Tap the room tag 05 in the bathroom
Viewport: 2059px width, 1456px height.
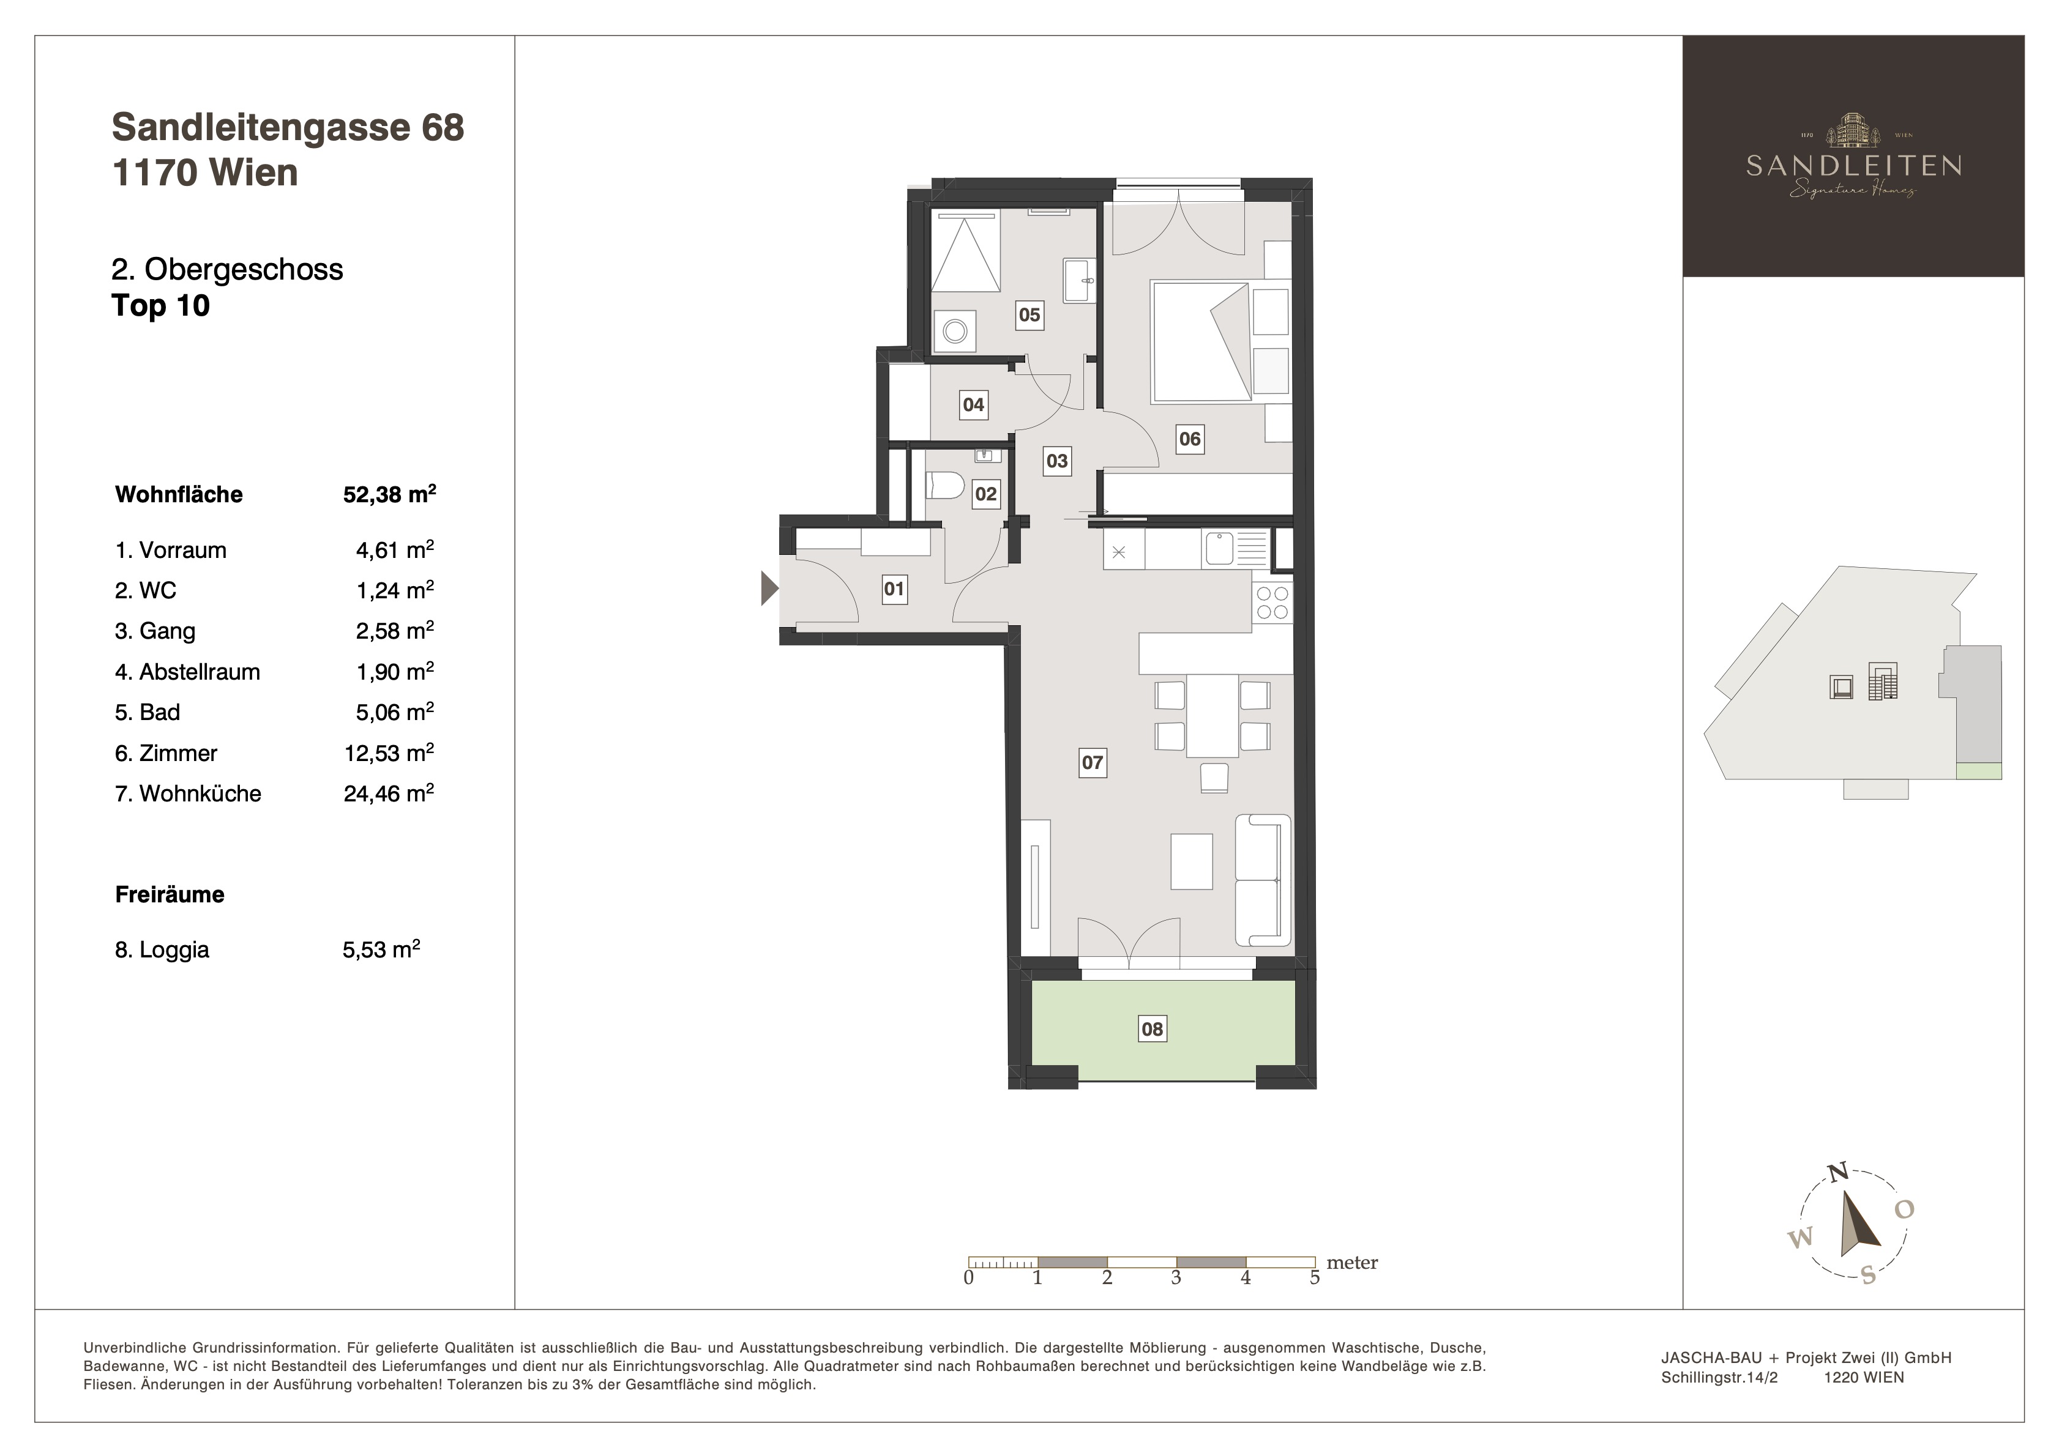(1029, 314)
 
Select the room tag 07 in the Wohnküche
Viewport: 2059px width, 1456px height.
(1093, 763)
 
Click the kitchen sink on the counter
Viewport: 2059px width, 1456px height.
(1236, 548)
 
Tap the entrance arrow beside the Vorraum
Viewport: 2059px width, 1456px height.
(769, 588)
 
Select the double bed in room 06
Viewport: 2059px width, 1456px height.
(1201, 341)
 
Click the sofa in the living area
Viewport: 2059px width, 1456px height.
(1263, 880)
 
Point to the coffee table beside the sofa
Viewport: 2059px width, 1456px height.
(1192, 861)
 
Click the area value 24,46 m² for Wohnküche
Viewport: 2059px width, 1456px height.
(389, 793)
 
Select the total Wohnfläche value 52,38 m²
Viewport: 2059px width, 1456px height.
(390, 494)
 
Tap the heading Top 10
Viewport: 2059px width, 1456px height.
(160, 306)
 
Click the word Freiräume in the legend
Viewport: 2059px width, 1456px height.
(170, 894)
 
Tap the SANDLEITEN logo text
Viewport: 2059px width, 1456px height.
(1853, 166)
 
